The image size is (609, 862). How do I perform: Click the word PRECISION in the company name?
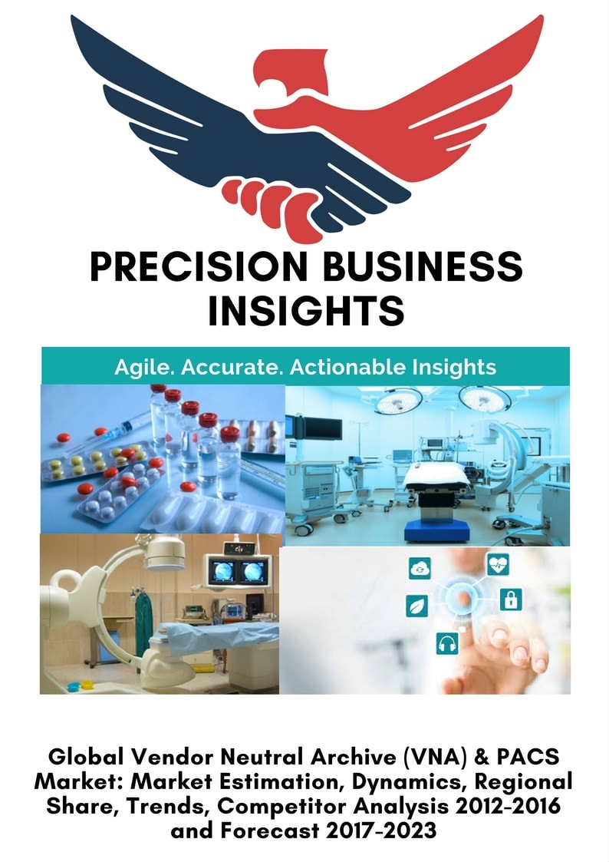(x=199, y=267)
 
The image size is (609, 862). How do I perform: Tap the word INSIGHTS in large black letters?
(x=307, y=310)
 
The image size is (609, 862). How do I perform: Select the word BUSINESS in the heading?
(x=423, y=267)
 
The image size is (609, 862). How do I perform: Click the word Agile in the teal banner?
(x=145, y=367)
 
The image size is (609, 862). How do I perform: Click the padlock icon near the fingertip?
(x=511, y=599)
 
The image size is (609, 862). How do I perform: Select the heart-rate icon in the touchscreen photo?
(x=498, y=564)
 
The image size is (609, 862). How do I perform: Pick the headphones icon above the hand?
(x=447, y=643)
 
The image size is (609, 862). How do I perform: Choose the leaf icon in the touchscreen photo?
(x=416, y=606)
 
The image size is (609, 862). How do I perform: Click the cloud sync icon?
(x=420, y=569)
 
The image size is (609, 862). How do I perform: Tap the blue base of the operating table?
(x=436, y=531)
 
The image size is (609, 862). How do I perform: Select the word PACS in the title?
(x=528, y=757)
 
